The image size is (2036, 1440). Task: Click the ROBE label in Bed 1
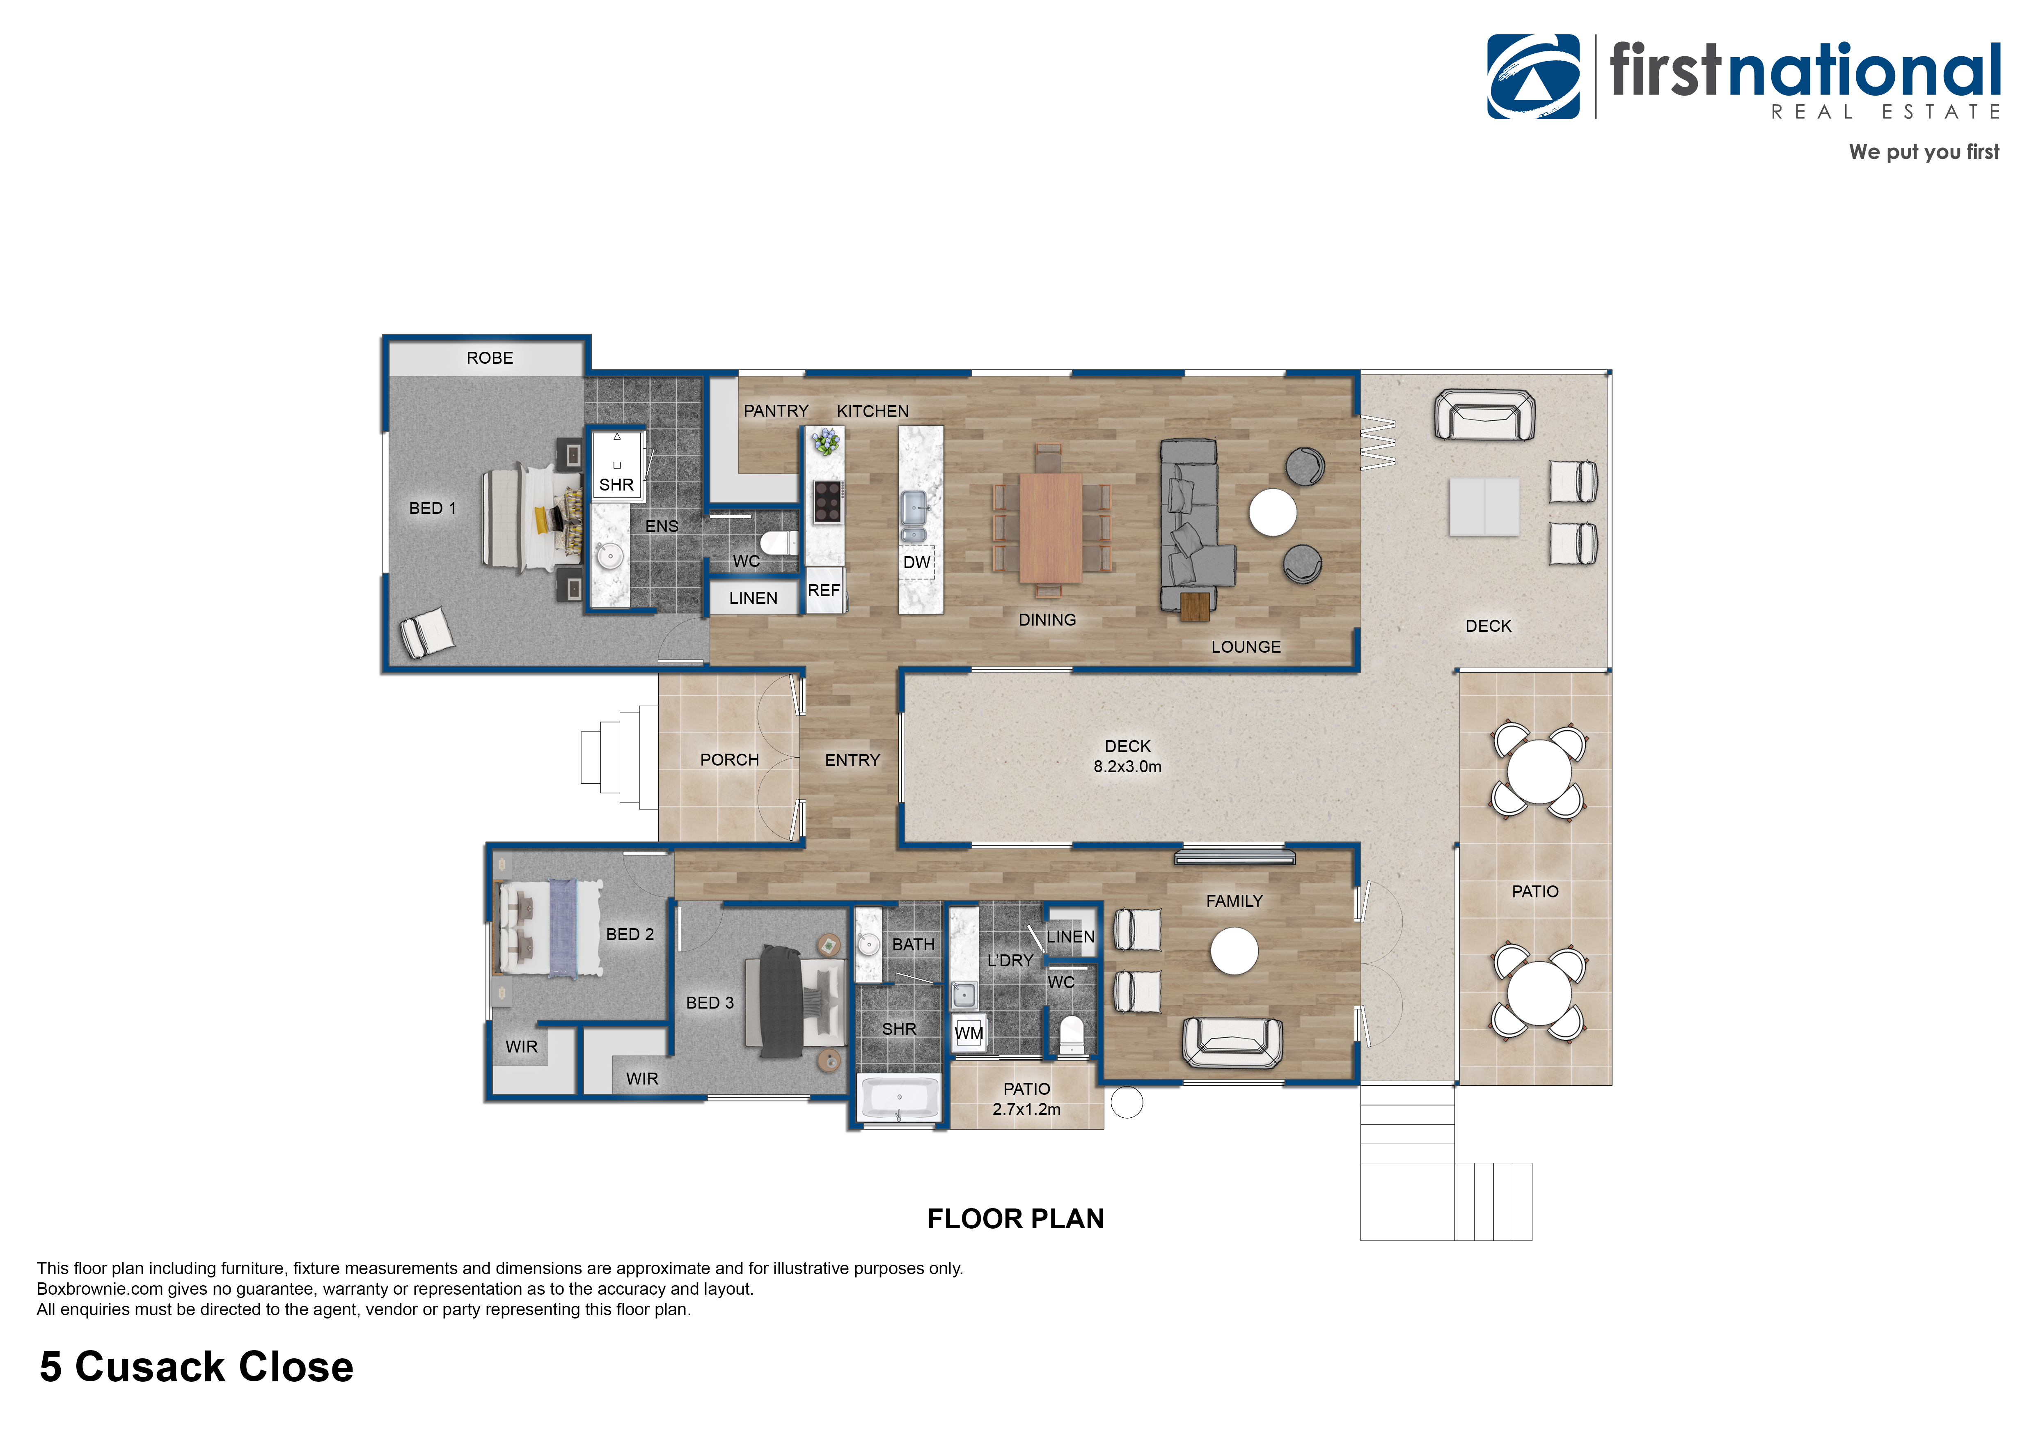pos(490,358)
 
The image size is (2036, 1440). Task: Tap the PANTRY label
pos(776,410)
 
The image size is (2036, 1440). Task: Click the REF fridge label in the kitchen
pos(824,589)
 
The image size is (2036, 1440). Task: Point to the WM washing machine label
pos(969,1033)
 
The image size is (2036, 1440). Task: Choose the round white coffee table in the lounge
pos(1273,513)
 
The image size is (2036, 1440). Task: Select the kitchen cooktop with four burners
pos(828,501)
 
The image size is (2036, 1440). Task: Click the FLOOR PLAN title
pos(1015,1219)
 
